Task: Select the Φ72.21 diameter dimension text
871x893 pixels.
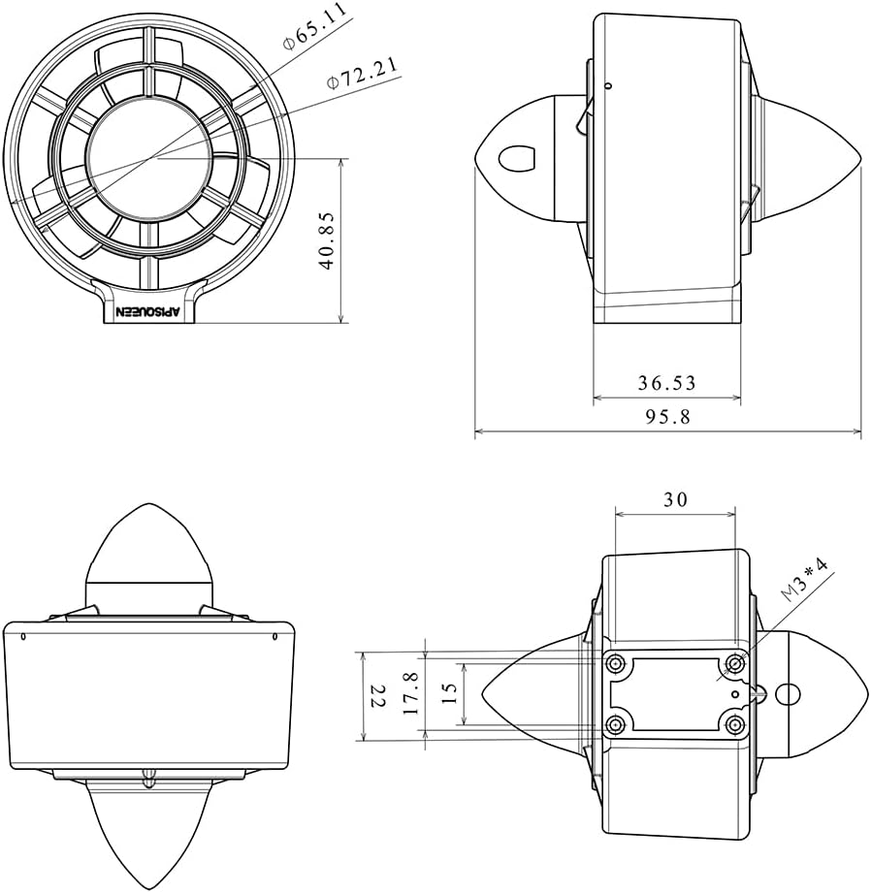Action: pyautogui.click(x=363, y=73)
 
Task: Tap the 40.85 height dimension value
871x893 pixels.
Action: pyautogui.click(x=327, y=240)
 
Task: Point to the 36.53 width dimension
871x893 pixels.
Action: pyautogui.click(x=666, y=383)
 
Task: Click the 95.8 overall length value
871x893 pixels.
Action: pyautogui.click(x=667, y=417)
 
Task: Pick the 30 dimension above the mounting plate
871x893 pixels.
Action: pyautogui.click(x=676, y=499)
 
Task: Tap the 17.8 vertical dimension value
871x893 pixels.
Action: pyautogui.click(x=410, y=693)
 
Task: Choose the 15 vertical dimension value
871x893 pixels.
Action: pyautogui.click(x=449, y=693)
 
